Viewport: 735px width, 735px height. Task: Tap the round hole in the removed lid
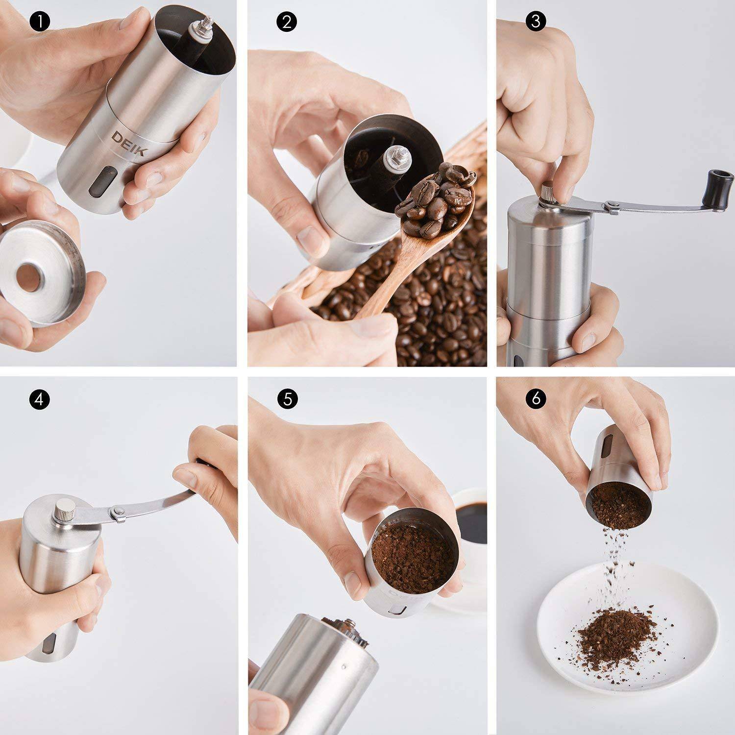[28, 281]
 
